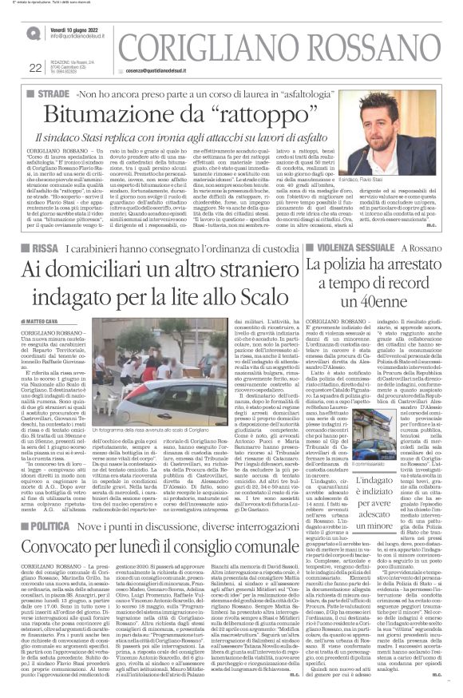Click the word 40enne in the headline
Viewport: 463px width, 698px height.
382,280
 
